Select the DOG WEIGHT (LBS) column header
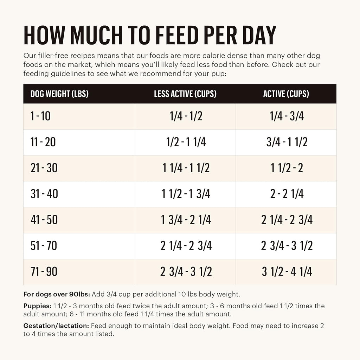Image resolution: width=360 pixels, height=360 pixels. coord(59,94)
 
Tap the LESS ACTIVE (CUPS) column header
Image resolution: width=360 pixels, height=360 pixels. coord(185,94)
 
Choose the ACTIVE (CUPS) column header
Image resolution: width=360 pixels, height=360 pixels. coord(286,94)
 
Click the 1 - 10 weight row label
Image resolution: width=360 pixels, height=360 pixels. coord(40,116)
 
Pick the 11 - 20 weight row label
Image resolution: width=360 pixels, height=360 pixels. coord(43,142)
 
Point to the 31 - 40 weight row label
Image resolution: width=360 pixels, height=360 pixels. coord(44,194)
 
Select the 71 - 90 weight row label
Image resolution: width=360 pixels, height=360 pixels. coord(44,272)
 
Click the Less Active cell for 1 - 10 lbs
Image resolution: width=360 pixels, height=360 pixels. coord(185,116)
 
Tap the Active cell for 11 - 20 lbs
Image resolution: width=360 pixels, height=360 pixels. coord(286,142)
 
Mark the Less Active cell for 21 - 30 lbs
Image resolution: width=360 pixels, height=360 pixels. coord(186,168)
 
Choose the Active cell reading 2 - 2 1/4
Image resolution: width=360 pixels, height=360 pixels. coord(286,194)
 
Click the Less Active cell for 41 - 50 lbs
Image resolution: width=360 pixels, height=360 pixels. coord(186,220)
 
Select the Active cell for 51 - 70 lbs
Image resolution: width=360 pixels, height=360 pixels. coord(286,246)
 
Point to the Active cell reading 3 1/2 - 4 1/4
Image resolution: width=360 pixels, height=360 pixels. coord(286,272)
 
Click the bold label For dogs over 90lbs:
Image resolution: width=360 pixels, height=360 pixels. coord(57,294)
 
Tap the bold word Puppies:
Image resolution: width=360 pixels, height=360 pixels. coord(37,306)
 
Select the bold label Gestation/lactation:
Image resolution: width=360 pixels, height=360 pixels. coord(56,326)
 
